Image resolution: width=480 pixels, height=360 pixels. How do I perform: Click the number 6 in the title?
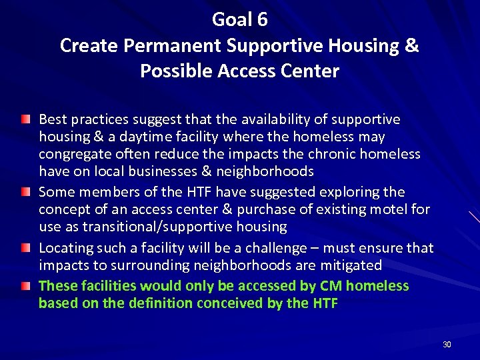(261, 20)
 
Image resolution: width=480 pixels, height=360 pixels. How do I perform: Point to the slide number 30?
(447, 345)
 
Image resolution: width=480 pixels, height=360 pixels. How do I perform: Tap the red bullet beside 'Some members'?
(25, 192)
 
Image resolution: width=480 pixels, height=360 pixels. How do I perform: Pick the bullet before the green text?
(25, 286)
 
